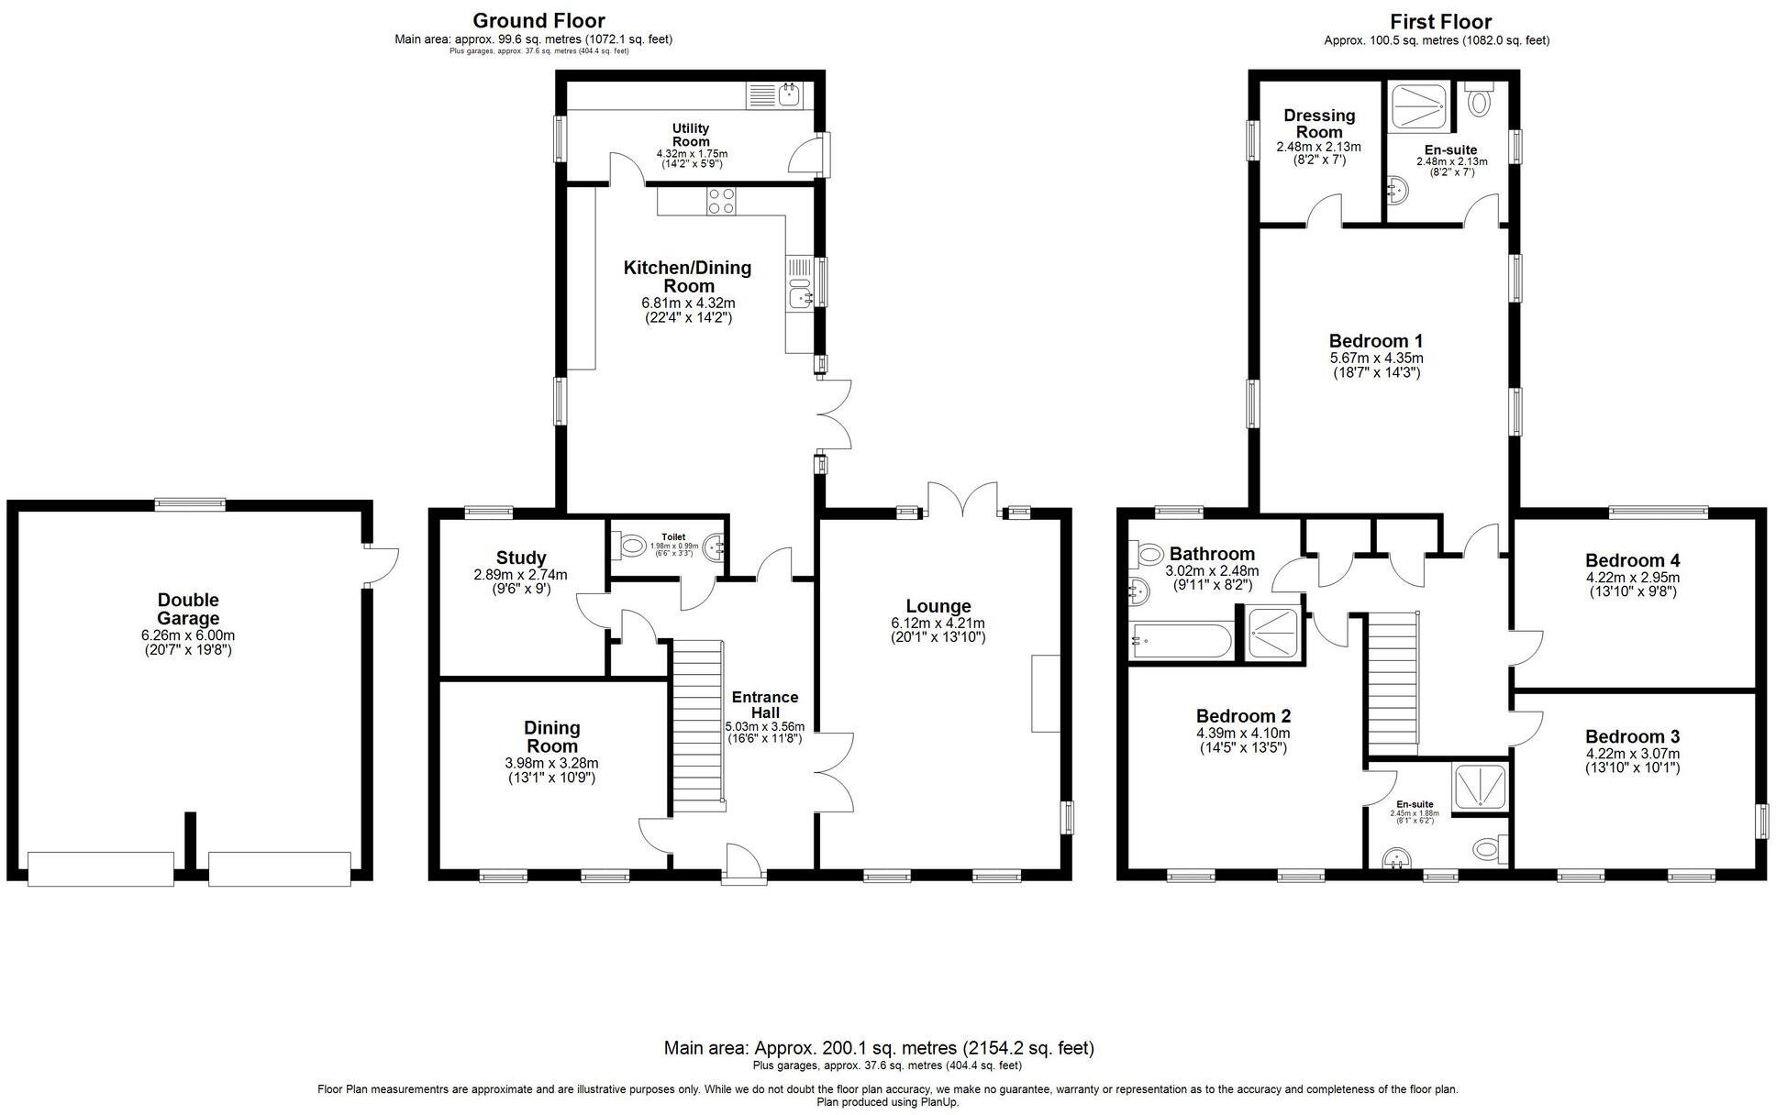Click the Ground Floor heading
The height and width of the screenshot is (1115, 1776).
[x=538, y=20]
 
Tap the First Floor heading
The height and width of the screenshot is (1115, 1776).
[x=1440, y=21]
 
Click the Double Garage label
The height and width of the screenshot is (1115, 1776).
[x=187, y=609]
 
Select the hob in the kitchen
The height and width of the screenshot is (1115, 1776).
[x=720, y=201]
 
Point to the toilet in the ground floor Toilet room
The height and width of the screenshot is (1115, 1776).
[x=632, y=547]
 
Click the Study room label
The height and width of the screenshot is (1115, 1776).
[x=521, y=557]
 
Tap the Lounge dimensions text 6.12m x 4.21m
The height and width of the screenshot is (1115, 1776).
[x=938, y=624]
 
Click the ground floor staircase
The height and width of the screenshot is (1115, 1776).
[x=699, y=724]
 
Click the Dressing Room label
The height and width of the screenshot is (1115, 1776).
[x=1319, y=123]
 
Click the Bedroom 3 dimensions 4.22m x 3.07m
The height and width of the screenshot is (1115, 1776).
[x=1633, y=754]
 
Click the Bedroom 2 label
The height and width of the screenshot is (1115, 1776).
[x=1243, y=716]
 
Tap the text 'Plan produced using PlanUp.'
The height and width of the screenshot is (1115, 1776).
[x=887, y=1102]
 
